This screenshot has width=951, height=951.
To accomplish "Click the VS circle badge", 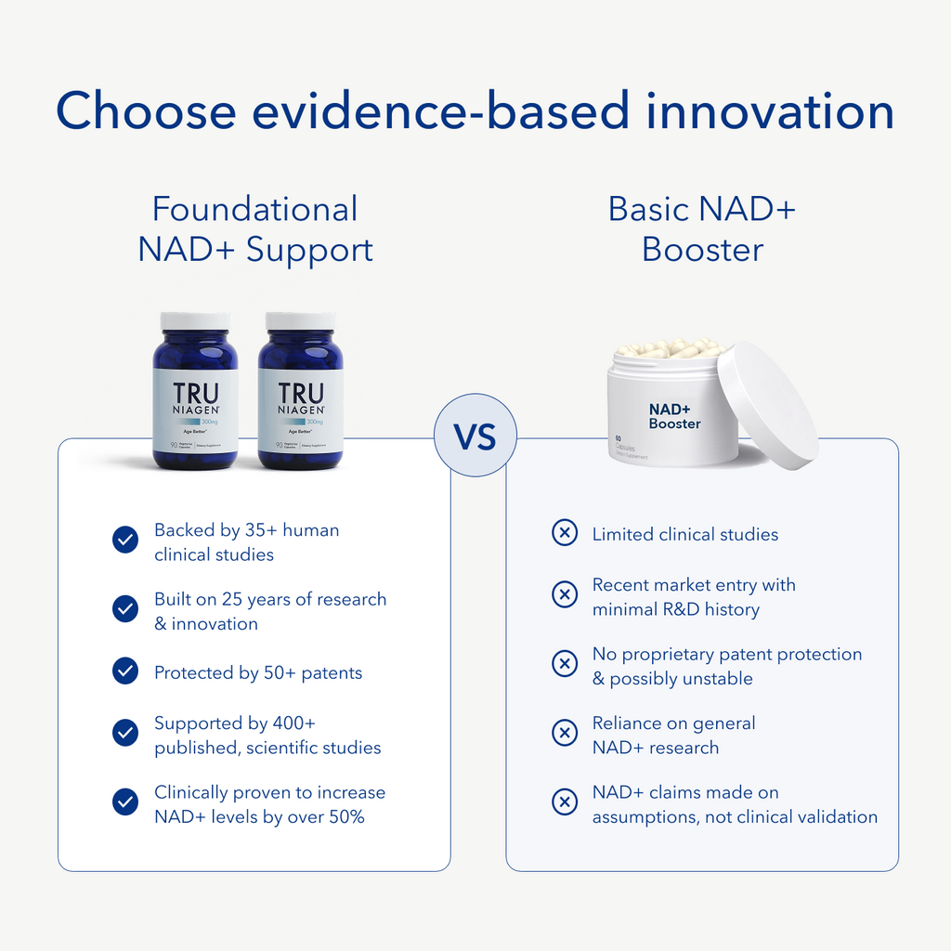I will [475, 436].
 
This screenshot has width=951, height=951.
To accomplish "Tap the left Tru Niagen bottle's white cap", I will [195, 321].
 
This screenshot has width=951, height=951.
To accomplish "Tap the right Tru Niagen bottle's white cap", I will [300, 321].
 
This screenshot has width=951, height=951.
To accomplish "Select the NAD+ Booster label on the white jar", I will [674, 415].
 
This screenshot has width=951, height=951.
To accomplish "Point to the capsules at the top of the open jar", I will [671, 349].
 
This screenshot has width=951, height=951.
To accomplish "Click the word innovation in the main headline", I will [770, 111].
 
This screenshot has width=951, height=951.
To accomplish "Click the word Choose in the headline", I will [146, 111].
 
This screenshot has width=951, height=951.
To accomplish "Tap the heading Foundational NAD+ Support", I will [255, 229].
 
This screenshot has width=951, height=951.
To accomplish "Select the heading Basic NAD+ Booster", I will [702, 229].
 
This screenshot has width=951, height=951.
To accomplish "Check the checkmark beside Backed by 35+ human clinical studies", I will [125, 541].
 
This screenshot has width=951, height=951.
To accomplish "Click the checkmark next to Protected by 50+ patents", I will [125, 671].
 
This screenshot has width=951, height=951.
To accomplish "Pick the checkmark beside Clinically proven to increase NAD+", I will [125, 802].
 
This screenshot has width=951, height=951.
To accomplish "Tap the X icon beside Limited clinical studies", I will [565, 533].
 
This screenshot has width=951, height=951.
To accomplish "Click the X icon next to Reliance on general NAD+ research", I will [565, 734].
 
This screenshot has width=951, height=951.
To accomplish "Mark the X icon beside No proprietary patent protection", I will [565, 664].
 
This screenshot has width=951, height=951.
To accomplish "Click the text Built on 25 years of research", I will [269, 611].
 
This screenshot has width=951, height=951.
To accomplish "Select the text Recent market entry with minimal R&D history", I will [693, 597].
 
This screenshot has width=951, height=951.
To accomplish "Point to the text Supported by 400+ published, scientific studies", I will [267, 736].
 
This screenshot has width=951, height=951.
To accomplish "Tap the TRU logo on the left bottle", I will [196, 394].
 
